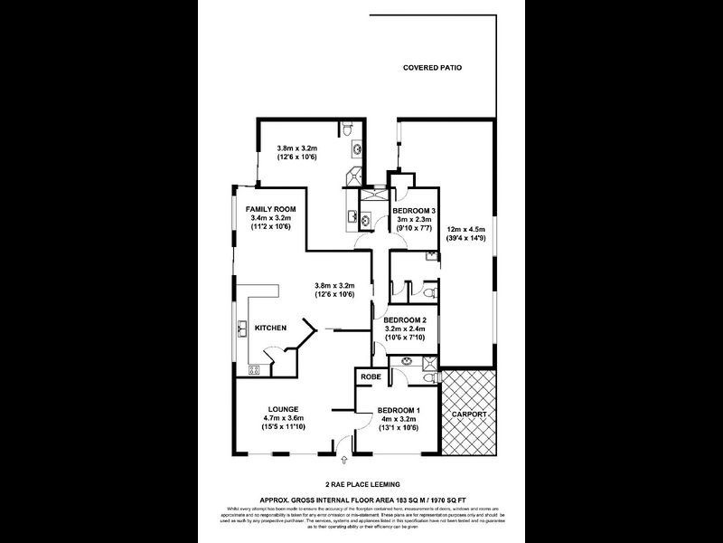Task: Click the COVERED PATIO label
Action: [x=432, y=68]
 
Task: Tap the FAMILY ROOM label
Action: [x=271, y=209]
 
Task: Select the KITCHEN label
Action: [x=271, y=328]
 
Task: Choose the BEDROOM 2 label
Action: [x=404, y=320]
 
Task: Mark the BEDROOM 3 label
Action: [x=415, y=210]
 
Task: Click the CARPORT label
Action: [x=468, y=414]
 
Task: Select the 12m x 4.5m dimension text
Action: [x=466, y=230]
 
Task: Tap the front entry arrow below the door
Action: [x=336, y=462]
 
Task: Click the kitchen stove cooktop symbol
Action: [x=254, y=368]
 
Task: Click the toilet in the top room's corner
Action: [x=348, y=131]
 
